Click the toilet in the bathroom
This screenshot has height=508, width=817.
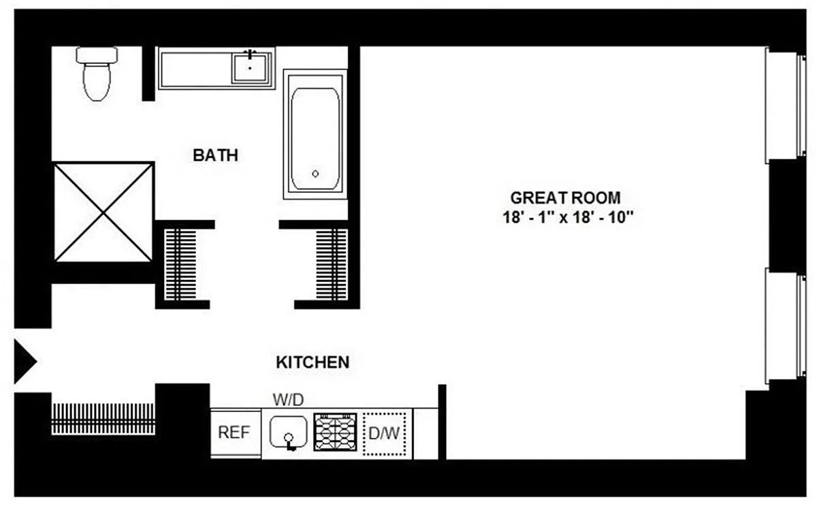pyautogui.click(x=97, y=74)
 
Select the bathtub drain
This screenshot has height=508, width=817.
pyautogui.click(x=315, y=174)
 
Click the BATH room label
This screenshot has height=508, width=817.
pyautogui.click(x=215, y=155)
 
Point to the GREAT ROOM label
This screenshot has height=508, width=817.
pyautogui.click(x=565, y=198)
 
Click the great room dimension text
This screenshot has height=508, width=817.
pyautogui.click(x=568, y=217)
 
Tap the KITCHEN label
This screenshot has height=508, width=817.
pyautogui.click(x=313, y=362)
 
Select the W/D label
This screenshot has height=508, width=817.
pyautogui.click(x=288, y=400)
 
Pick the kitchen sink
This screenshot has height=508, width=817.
pyautogui.click(x=288, y=433)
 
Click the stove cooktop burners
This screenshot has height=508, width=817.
pyautogui.click(x=335, y=432)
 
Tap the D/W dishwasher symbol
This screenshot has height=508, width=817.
pyautogui.click(x=385, y=434)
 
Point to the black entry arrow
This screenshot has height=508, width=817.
pyautogui.click(x=25, y=362)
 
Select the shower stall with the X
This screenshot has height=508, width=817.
pyautogui.click(x=103, y=212)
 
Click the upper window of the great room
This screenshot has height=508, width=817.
pyautogui.click(x=785, y=106)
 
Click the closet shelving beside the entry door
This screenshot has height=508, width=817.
pyautogui.click(x=103, y=419)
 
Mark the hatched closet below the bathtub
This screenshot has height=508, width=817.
pyautogui.click(x=332, y=265)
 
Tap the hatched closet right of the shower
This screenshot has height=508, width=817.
pyautogui.click(x=180, y=265)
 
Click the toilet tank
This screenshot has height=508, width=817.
pyautogui.click(x=97, y=54)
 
